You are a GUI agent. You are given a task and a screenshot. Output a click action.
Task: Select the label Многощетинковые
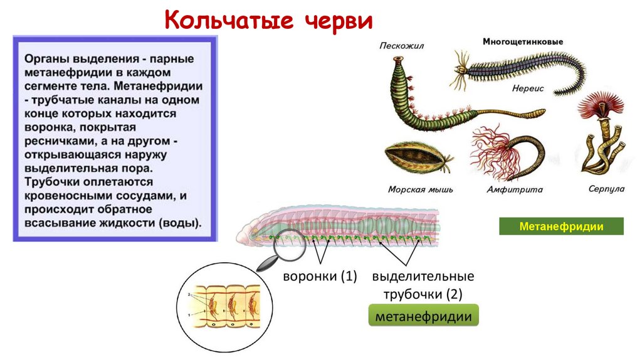pos(522,42)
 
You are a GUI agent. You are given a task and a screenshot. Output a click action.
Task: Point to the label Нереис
pos(527,89)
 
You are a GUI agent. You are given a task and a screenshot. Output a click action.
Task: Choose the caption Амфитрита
pos(505,189)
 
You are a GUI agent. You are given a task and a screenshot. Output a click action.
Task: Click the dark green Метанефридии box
pos(561,226)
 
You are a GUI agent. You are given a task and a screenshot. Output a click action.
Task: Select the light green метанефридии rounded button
pos(423,317)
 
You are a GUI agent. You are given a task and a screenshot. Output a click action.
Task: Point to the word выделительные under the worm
pos(423,277)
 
